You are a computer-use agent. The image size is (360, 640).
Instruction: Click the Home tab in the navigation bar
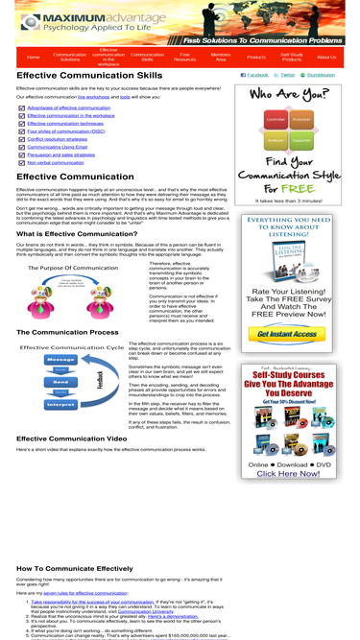[34, 58]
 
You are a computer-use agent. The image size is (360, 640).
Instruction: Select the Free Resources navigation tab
[185, 58]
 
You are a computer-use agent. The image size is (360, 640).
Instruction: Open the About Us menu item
[326, 58]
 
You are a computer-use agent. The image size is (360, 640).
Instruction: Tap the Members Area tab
[221, 58]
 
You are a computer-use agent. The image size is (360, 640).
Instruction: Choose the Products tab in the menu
[256, 58]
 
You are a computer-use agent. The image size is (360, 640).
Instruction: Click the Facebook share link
[255, 75]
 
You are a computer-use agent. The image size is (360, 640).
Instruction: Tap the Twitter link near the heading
[285, 75]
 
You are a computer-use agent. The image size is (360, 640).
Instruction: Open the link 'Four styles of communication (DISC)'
[65, 130]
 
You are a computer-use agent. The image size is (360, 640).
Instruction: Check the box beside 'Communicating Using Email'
[21, 147]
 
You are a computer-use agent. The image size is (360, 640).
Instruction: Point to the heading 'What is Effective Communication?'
[77, 233]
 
